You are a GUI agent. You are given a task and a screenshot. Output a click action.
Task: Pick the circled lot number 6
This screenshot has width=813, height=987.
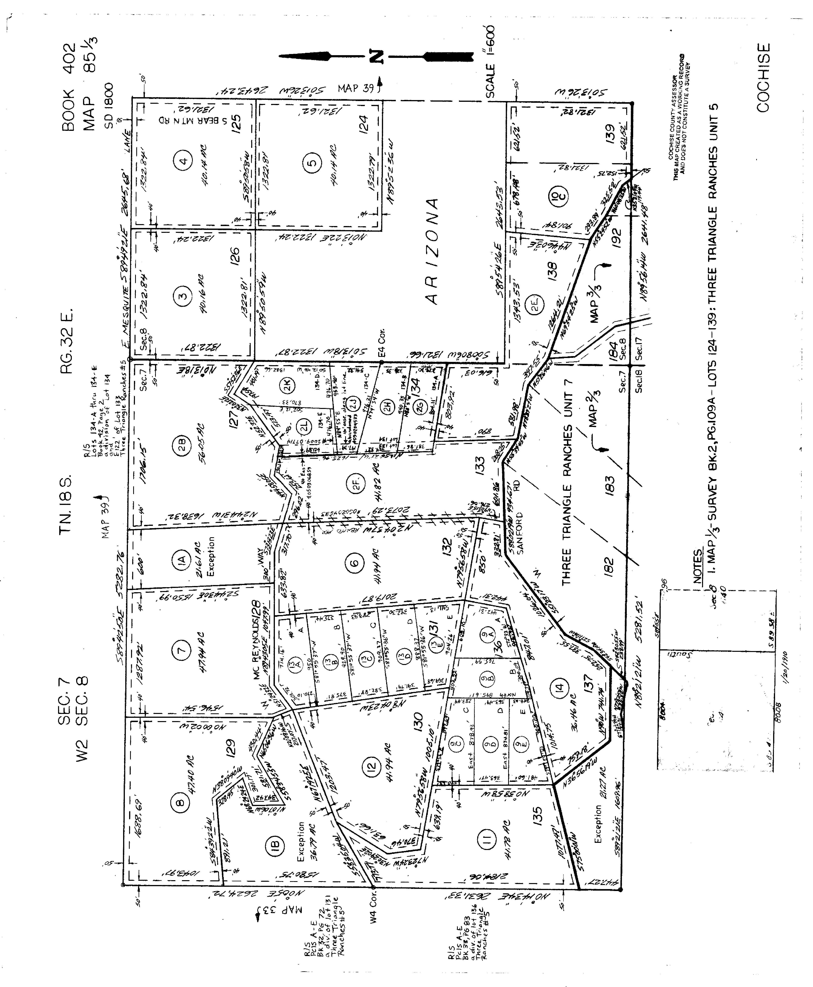coord(354,563)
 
